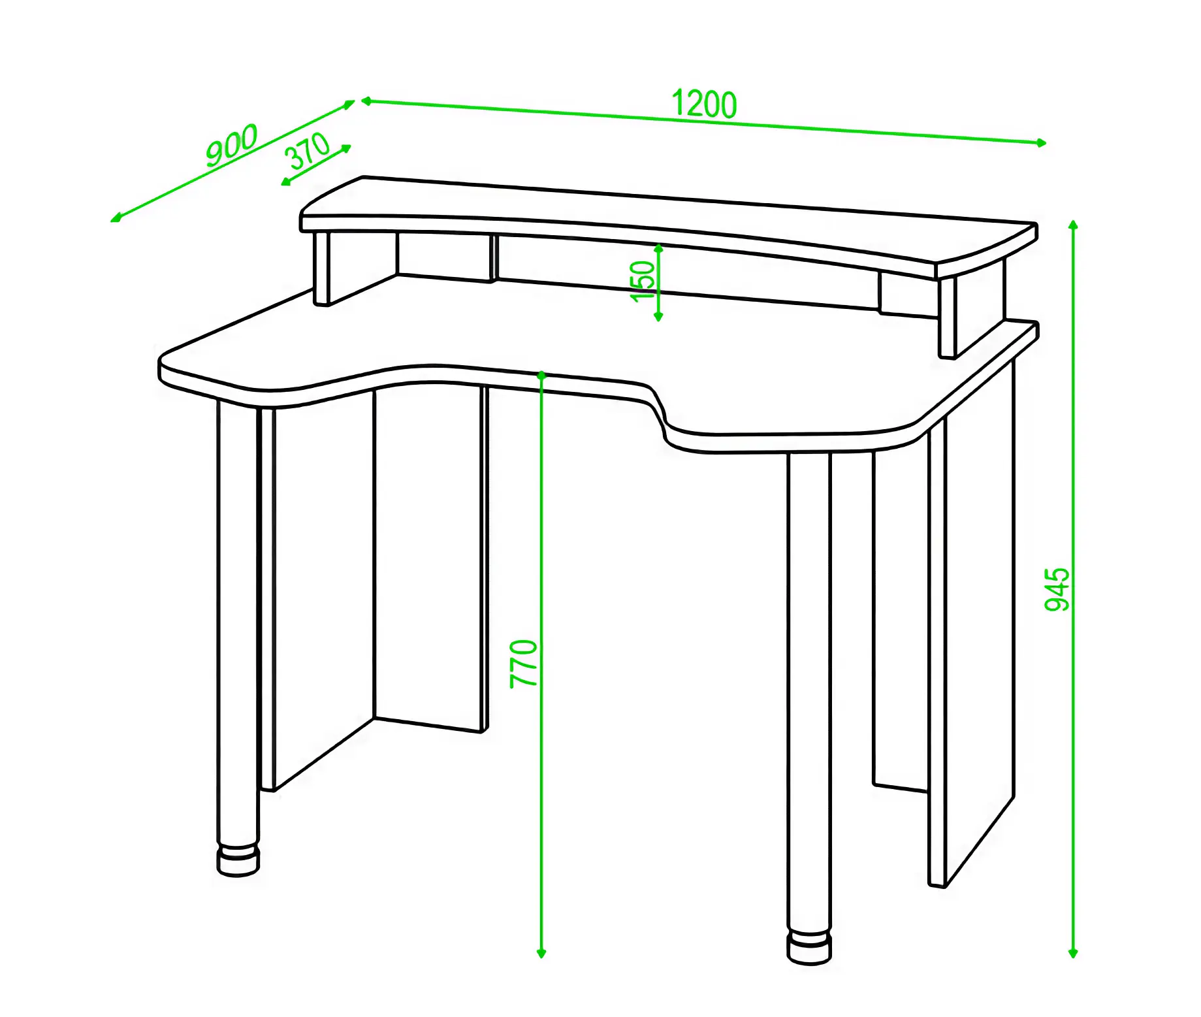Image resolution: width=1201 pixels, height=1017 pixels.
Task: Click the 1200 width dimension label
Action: point(704,105)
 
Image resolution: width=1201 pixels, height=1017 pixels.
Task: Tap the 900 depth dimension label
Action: point(232,145)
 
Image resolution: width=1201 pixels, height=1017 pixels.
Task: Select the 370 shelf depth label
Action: point(308,151)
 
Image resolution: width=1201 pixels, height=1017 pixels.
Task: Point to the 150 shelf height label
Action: point(643,281)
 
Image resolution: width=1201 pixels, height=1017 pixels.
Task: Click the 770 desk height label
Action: point(524,664)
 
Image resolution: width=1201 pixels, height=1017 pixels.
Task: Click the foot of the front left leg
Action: point(238,861)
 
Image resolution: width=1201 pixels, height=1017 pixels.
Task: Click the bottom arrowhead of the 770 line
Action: point(541,954)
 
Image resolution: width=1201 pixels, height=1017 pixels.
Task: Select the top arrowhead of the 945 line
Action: point(1073,225)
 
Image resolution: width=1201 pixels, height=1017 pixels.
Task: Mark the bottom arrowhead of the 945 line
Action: point(1073,954)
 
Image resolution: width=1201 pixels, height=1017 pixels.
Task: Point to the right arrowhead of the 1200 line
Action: point(1042,143)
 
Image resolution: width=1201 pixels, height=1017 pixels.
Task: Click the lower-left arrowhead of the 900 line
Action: point(116,218)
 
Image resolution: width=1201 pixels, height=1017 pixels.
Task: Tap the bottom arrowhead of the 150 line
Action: point(658,317)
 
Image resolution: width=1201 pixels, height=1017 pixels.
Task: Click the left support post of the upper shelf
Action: point(321,268)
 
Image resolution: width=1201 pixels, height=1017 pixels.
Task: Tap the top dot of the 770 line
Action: point(541,376)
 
